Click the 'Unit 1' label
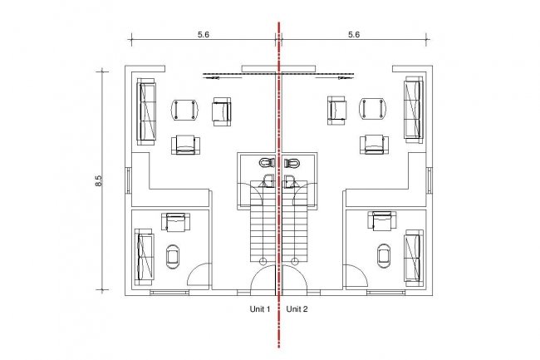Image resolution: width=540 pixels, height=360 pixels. point(261,309)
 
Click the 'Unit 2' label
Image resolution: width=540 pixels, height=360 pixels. point(297,309)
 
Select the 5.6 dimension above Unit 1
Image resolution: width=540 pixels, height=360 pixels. point(202,35)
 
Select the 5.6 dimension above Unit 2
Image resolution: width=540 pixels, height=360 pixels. point(353,35)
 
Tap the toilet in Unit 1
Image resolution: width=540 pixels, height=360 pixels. point(266,162)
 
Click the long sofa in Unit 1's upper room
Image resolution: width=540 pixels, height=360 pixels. point(148,112)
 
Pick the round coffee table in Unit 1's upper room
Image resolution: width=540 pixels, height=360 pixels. point(184,109)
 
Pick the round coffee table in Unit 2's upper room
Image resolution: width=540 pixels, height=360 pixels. point(372,109)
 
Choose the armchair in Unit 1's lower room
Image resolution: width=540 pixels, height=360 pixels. point(176,221)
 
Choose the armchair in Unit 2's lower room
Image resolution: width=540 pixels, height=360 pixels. point(383,221)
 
